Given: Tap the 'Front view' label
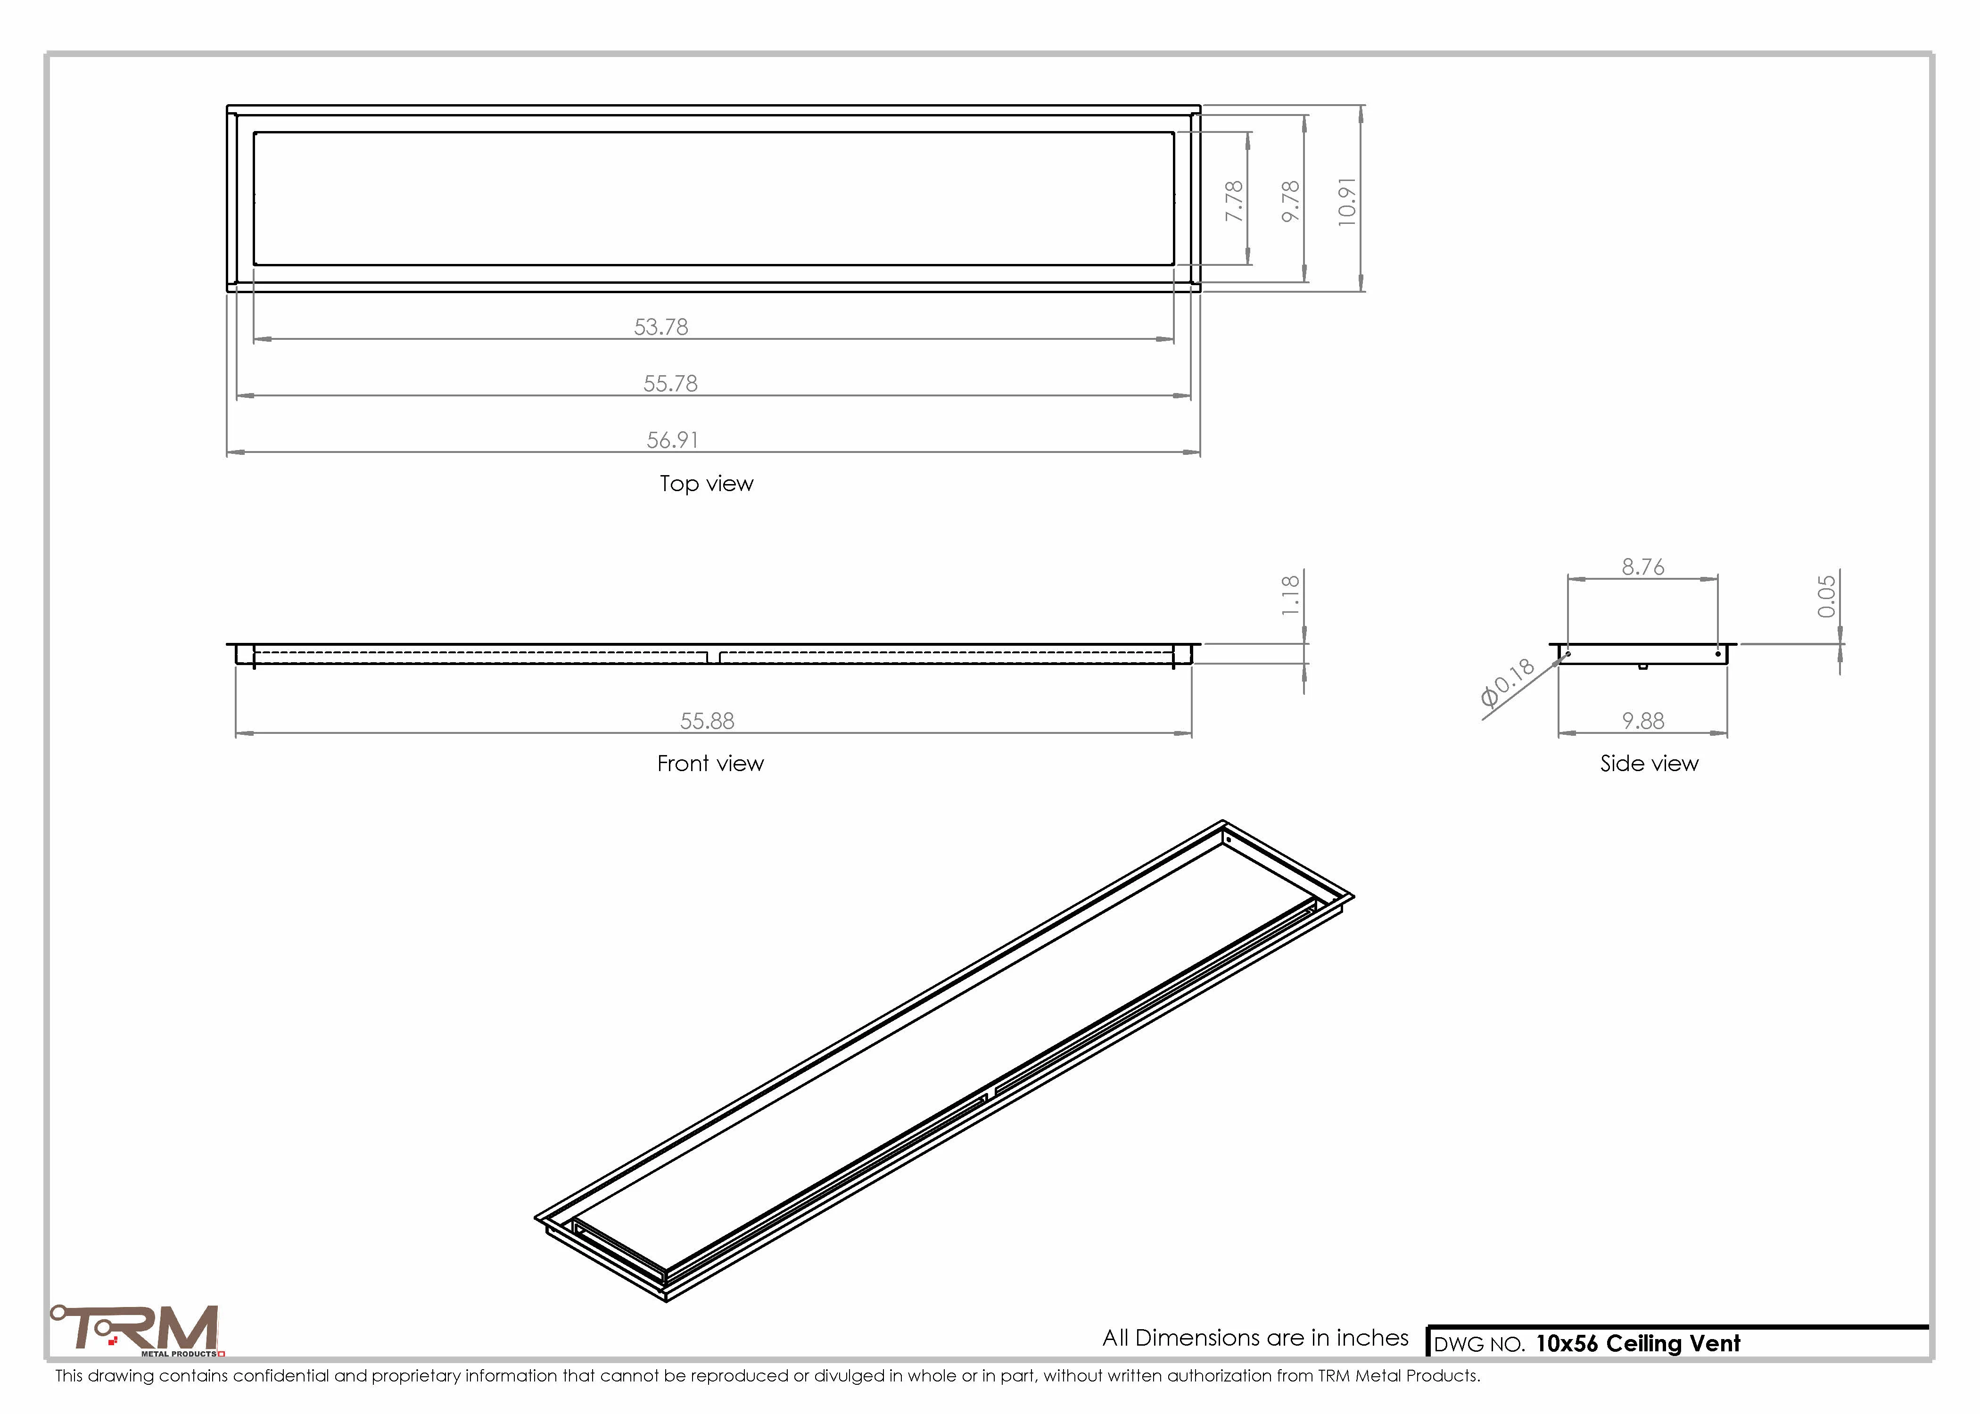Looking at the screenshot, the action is coord(710,764).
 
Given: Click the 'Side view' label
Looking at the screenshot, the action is coord(1649,764).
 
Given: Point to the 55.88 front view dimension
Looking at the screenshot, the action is coord(707,721).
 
